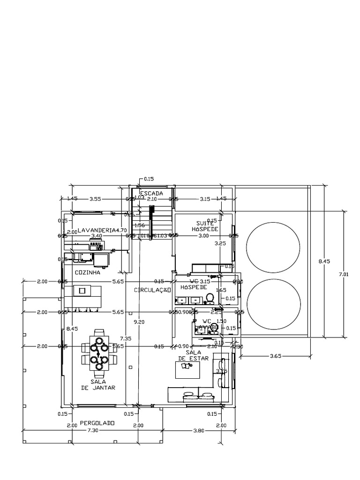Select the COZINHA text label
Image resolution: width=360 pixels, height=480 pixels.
[88, 272]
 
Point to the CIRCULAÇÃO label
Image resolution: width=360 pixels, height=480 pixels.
[151, 290]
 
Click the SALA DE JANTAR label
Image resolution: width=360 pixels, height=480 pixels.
[98, 385]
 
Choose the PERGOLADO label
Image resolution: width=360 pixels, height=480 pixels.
[97, 423]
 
